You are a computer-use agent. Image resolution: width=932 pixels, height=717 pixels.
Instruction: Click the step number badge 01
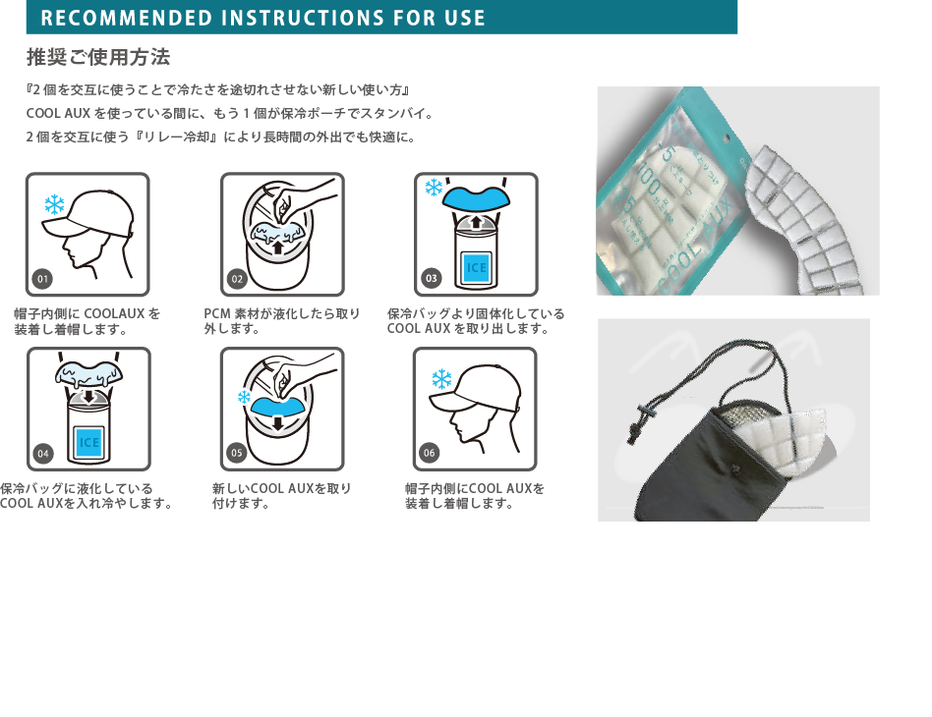42,279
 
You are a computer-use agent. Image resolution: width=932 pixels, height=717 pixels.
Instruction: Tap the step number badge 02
237,279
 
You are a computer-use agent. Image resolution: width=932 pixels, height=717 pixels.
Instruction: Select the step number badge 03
431,278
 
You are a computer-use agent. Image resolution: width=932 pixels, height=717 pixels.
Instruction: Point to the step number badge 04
43,453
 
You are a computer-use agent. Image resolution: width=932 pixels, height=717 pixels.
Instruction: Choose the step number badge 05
237,453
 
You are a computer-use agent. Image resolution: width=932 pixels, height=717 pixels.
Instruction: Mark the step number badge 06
430,453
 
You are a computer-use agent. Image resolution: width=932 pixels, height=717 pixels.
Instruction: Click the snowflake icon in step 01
55,205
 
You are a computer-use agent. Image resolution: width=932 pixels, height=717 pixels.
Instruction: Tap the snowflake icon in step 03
434,189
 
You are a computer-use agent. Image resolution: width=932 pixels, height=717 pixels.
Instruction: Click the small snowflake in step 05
244,397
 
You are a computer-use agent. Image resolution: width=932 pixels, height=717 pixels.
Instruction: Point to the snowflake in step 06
441,379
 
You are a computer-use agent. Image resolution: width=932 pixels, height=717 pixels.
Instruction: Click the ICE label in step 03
476,268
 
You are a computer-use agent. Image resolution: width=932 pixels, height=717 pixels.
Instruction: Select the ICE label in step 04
89,443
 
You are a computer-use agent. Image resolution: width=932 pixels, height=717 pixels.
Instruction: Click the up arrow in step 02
277,246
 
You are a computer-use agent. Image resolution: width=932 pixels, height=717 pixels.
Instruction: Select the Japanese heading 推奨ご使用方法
98,57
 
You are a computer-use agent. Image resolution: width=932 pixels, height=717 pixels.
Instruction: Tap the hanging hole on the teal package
727,138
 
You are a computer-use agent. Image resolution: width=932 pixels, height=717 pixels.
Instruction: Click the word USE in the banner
465,18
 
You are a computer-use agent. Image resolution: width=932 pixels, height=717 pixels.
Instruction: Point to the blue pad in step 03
476,197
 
